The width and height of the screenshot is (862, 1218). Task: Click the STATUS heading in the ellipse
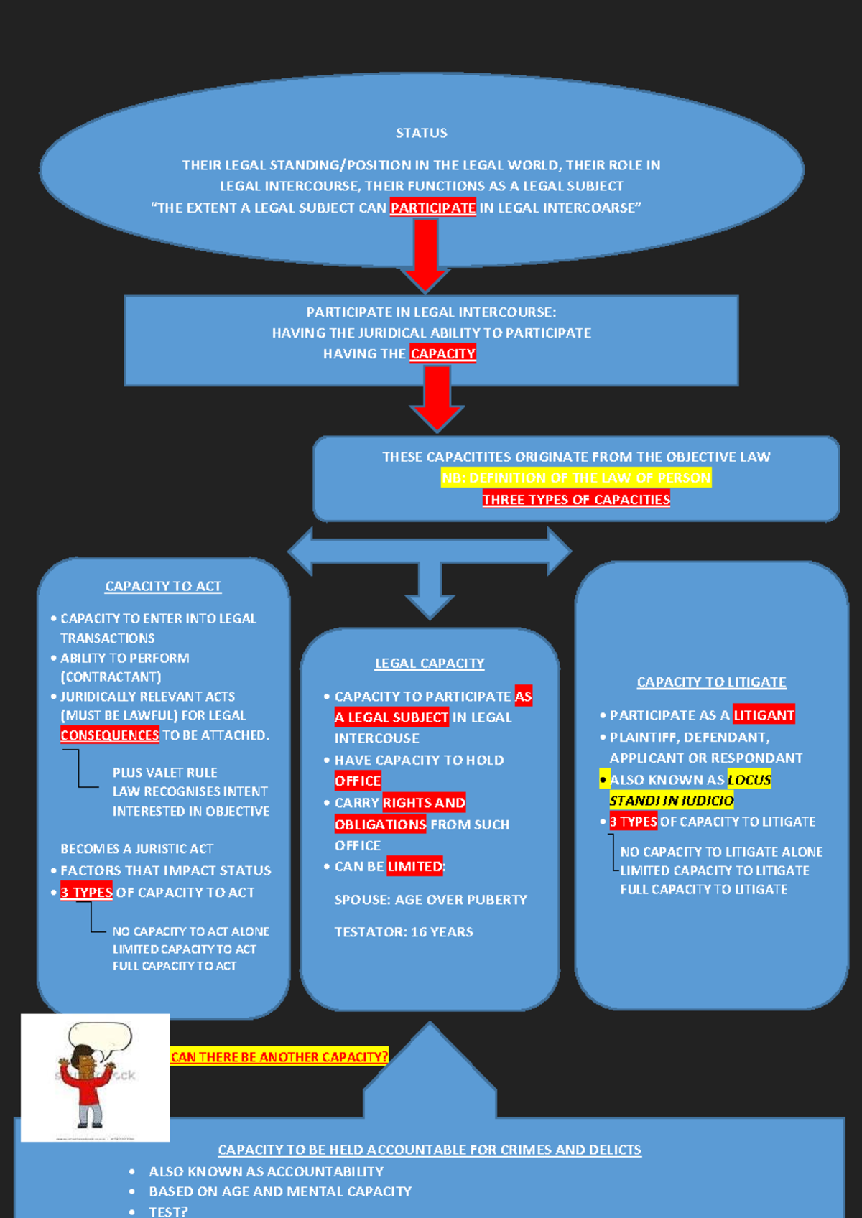pos(421,133)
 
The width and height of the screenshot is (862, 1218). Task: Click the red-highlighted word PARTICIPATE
pos(432,208)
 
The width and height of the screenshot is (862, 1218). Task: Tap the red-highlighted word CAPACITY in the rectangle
pos(442,353)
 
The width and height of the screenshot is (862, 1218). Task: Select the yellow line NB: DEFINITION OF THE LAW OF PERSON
pos(576,478)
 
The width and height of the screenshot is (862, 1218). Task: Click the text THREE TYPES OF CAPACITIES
pos(576,499)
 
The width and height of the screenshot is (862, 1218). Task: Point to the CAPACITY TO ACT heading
pos(163,586)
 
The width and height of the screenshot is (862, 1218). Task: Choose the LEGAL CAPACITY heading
pos(430,663)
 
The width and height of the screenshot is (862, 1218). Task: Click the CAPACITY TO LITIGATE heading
pos(711,682)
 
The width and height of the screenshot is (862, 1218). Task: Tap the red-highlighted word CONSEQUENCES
pos(109,735)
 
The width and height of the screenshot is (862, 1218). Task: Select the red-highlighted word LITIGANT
pos(764,715)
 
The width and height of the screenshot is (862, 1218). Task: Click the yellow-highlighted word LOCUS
pos(749,779)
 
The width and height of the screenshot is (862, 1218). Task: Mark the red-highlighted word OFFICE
pos(358,781)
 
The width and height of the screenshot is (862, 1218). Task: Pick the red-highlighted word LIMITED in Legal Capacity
pos(414,866)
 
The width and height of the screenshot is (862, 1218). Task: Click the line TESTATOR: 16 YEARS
pos(404,931)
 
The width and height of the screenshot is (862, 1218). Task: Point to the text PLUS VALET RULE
pos(164,772)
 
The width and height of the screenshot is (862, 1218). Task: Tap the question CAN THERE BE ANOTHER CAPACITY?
pos(279,1056)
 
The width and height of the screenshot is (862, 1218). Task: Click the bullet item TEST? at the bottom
pos(168,1211)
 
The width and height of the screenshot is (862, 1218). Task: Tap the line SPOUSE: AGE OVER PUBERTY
pos(430,899)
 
